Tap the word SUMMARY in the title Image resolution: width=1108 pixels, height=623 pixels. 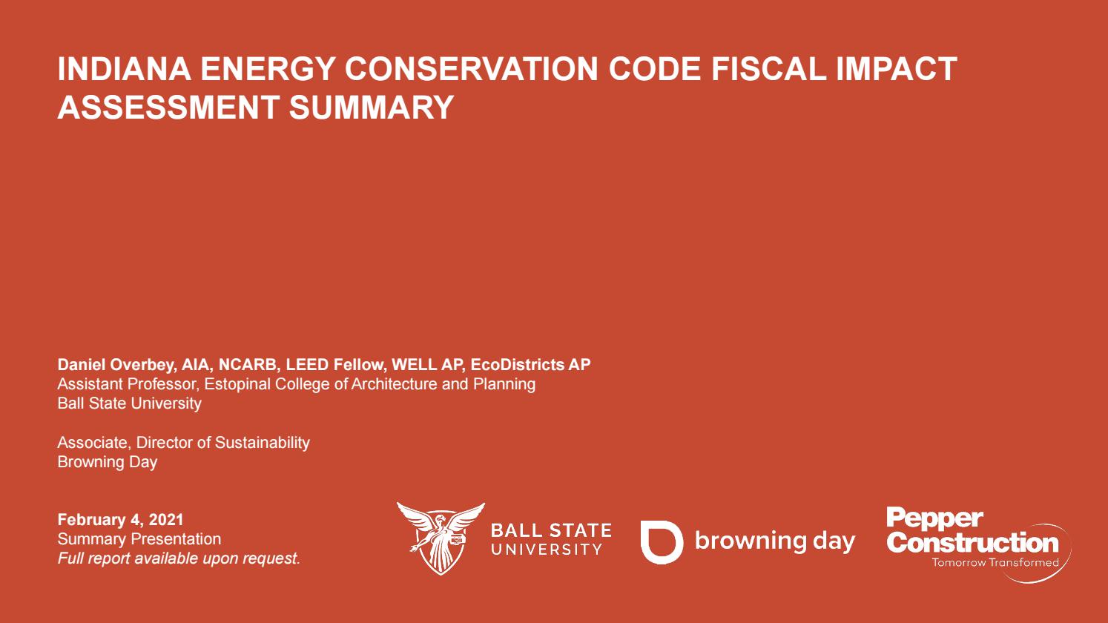[x=371, y=108]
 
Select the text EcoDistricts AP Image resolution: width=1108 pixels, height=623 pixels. [x=530, y=365]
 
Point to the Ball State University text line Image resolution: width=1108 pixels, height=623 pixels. [x=130, y=403]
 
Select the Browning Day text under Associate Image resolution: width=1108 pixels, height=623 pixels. [x=108, y=462]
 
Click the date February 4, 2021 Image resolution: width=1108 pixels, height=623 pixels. [x=120, y=520]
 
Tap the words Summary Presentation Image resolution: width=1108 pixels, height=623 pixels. [x=139, y=539]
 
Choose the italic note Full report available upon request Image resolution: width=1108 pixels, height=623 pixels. [x=178, y=558]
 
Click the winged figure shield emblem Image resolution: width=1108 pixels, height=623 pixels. [x=441, y=537]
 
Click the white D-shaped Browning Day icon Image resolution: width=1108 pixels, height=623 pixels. [x=661, y=541]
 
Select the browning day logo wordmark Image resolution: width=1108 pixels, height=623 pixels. [x=774, y=541]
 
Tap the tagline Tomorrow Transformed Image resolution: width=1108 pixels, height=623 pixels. [x=995, y=563]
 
